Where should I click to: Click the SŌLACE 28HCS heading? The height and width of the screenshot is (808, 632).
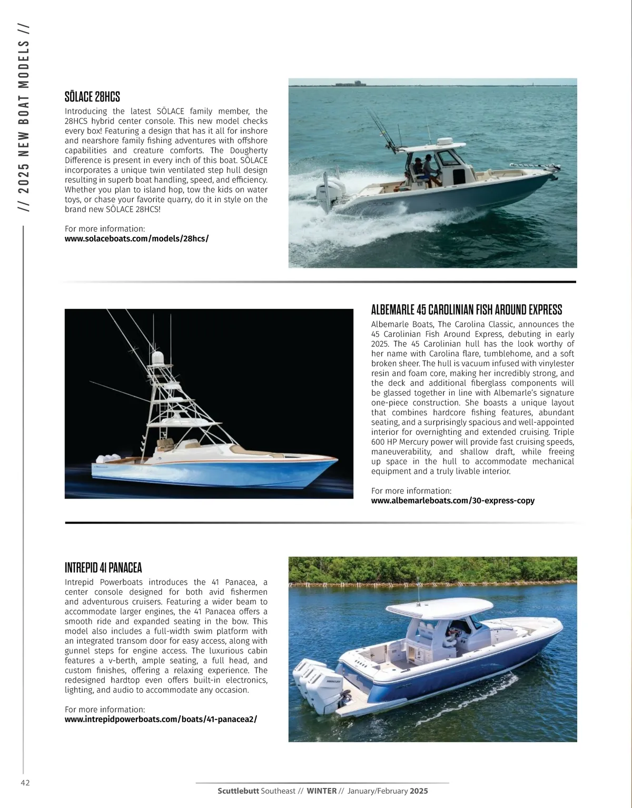point(92,97)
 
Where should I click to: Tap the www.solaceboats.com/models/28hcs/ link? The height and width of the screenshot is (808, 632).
point(136,238)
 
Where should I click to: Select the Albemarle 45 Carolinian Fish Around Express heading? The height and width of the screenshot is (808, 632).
point(466,310)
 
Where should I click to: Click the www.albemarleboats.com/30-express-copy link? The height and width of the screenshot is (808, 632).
point(452,501)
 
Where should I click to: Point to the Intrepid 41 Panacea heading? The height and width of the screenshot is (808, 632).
point(103,567)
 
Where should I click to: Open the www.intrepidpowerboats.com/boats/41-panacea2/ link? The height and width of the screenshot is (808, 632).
point(161,719)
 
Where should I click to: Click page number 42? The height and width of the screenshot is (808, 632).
point(25,782)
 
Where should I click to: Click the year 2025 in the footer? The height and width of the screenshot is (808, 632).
point(419,791)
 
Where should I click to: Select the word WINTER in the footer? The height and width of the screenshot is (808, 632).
point(321,791)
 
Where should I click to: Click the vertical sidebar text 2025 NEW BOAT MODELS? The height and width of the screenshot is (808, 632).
point(24,118)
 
